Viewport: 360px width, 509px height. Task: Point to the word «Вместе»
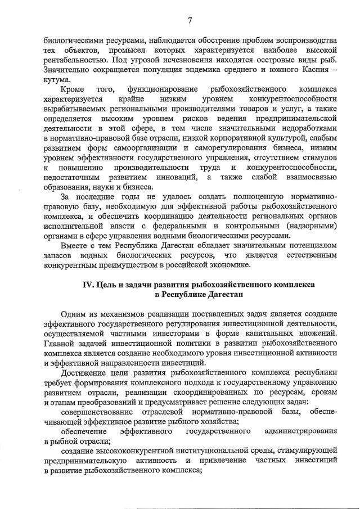click(76, 246)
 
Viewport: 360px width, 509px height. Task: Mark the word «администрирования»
click(300, 431)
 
